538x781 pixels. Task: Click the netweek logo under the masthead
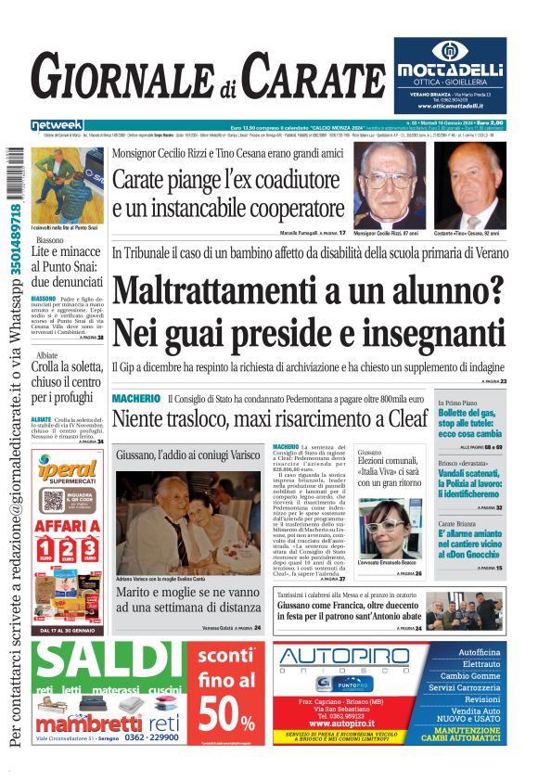pyautogui.click(x=57, y=124)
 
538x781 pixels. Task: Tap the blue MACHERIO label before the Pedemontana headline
pyautogui.click(x=136, y=398)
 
